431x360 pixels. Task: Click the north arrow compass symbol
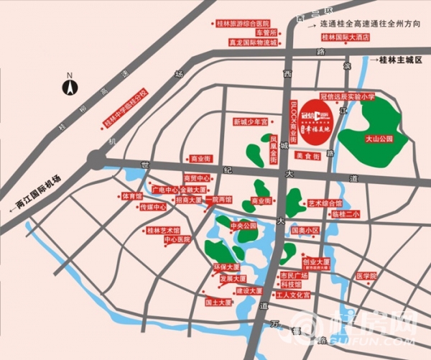pos(70,86)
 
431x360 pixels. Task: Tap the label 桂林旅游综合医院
pos(249,23)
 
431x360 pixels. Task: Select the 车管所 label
pos(267,32)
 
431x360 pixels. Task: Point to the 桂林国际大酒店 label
pos(345,37)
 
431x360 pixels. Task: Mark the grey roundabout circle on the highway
pos(96,160)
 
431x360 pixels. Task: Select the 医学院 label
pos(366,275)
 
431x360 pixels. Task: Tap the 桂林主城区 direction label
pos(399,60)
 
